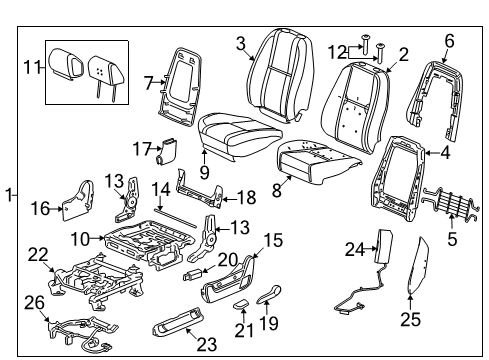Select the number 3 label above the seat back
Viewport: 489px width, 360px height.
(241, 42)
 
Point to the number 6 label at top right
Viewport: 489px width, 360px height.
(449, 40)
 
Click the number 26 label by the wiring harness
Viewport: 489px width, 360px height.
(35, 301)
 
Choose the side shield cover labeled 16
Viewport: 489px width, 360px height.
(82, 200)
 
